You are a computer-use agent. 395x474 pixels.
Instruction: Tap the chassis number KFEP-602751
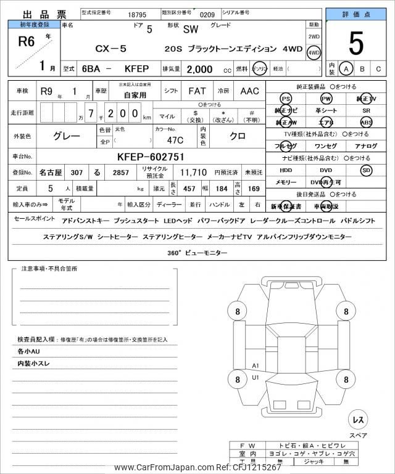pos(151,157)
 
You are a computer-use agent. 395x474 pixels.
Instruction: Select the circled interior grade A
pos(346,69)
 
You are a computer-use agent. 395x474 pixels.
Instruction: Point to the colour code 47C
pos(167,140)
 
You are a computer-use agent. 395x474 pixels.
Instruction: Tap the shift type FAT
pos(197,91)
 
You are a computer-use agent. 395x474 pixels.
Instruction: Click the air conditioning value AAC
pos(249,91)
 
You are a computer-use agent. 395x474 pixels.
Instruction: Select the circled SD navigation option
pos(366,170)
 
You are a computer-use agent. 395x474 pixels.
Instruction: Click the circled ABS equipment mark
pos(366,123)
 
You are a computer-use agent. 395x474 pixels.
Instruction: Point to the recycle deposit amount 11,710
pos(193,174)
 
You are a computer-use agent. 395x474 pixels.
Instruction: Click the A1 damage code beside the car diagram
pos(256,366)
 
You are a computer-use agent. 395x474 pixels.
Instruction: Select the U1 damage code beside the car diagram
pos(256,377)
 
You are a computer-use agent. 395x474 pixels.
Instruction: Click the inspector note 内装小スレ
pos(35,364)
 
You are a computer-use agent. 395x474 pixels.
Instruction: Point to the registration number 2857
pos(121,174)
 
